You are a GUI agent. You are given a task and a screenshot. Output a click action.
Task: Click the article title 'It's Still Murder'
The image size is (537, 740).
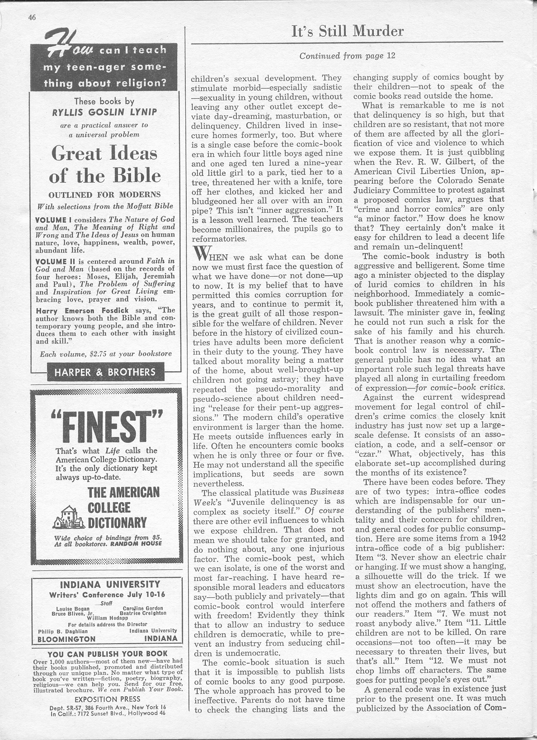[x=347, y=31]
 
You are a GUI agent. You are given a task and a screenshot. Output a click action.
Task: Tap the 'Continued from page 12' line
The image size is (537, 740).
[x=347, y=56]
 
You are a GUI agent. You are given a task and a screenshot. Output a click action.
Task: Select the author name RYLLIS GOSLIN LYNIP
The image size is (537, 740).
[x=104, y=112]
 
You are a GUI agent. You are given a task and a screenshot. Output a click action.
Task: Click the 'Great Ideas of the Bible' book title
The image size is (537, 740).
[x=104, y=165]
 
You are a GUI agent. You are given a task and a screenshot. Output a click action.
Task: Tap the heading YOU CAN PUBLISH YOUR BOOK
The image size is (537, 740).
[x=108, y=654]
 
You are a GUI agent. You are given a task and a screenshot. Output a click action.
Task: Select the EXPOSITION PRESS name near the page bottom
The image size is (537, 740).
[x=106, y=699]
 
